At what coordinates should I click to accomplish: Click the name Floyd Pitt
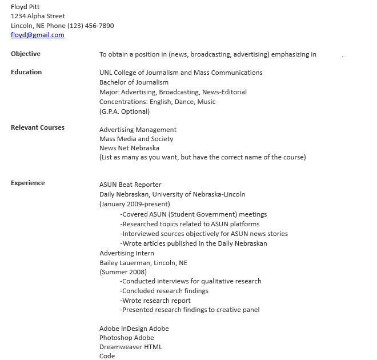pos(25,7)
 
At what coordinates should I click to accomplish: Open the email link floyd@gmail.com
pos(38,35)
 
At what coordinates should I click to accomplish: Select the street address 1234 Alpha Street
pos(38,16)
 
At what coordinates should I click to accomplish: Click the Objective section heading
pos(26,54)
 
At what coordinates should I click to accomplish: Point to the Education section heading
pos(26,72)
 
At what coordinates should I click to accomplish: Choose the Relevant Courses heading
pos(38,127)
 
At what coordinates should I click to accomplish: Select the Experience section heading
pos(28,183)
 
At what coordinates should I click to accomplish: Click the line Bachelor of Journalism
pos(134,82)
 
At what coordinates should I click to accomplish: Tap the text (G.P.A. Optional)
pos(125,111)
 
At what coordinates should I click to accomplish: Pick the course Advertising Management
pos(138,130)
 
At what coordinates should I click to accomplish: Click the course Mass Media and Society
pos(136,139)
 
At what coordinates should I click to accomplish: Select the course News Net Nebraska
pos(129,148)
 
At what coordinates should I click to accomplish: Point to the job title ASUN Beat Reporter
pos(130,185)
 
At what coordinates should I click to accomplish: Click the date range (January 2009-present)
pos(134,204)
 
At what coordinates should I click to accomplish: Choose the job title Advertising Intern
pos(127,253)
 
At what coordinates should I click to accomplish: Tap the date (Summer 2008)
pos(123,272)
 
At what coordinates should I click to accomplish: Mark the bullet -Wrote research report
pos(155,301)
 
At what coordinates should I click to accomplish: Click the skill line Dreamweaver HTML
pos(131,347)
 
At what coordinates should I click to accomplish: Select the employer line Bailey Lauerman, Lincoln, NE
pos(143,263)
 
